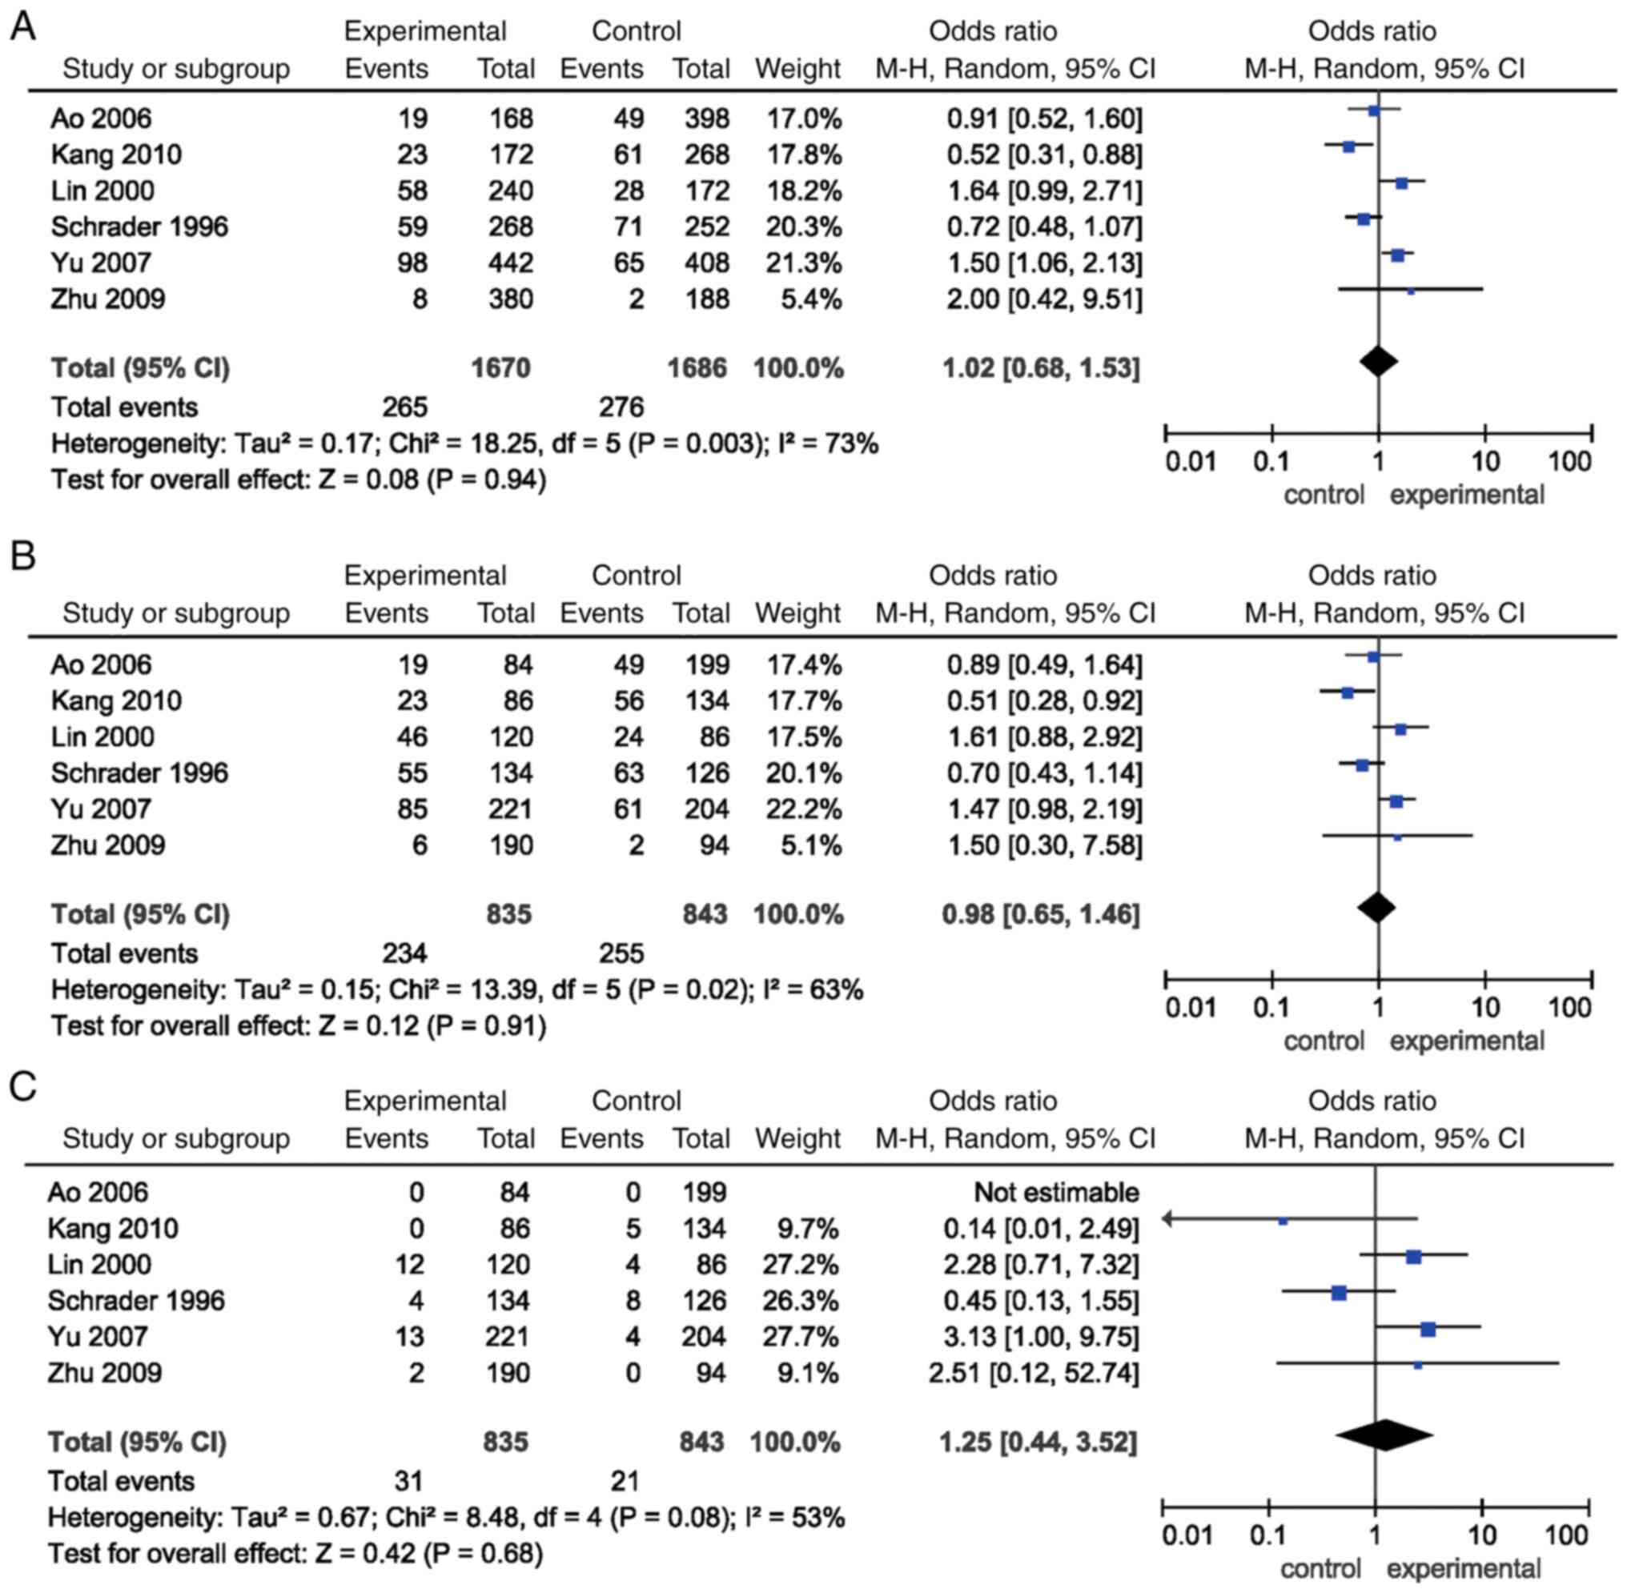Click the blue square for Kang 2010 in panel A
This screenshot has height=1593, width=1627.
pyautogui.click(x=1348, y=146)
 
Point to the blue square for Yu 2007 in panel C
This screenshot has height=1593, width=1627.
pyautogui.click(x=1428, y=1330)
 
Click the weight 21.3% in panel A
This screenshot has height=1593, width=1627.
pyautogui.click(x=803, y=263)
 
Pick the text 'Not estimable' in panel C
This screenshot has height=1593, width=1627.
pyautogui.click(x=1056, y=1192)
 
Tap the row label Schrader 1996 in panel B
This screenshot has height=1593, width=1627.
pyautogui.click(x=139, y=773)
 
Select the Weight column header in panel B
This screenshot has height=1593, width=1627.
pyautogui.click(x=797, y=613)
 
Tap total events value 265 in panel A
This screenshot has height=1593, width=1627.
pyautogui.click(x=405, y=407)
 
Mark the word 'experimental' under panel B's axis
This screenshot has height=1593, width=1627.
pyautogui.click(x=1467, y=1041)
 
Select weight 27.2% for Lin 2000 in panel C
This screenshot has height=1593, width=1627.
pyautogui.click(x=800, y=1264)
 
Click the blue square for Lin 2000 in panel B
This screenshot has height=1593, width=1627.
pyautogui.click(x=1400, y=729)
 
